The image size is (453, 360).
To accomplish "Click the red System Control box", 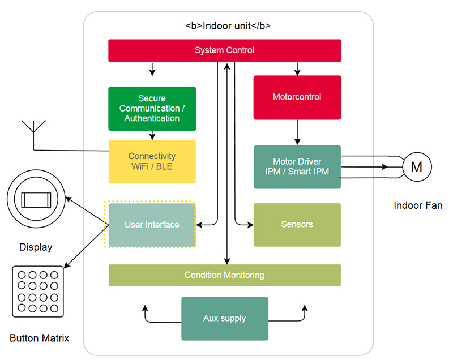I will click(x=224, y=50).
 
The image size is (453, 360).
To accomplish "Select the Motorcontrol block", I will click(x=297, y=97).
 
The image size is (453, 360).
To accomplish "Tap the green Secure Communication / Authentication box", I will click(x=152, y=109).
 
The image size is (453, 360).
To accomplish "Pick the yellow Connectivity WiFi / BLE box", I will click(x=152, y=161).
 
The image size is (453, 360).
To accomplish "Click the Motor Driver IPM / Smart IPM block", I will click(x=297, y=167).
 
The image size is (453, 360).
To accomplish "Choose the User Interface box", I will click(x=152, y=225).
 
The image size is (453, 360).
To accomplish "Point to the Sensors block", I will click(x=297, y=225).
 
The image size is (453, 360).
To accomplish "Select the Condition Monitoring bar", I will click(x=224, y=275).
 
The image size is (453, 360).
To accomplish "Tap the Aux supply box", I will click(x=224, y=318).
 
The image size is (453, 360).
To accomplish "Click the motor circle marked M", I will click(x=417, y=167).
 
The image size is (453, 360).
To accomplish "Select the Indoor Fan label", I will click(x=418, y=205).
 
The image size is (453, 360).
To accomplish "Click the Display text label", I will click(x=36, y=247).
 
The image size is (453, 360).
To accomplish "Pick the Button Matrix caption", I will click(x=40, y=338).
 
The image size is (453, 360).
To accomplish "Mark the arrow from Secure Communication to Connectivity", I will click(x=152, y=135).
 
